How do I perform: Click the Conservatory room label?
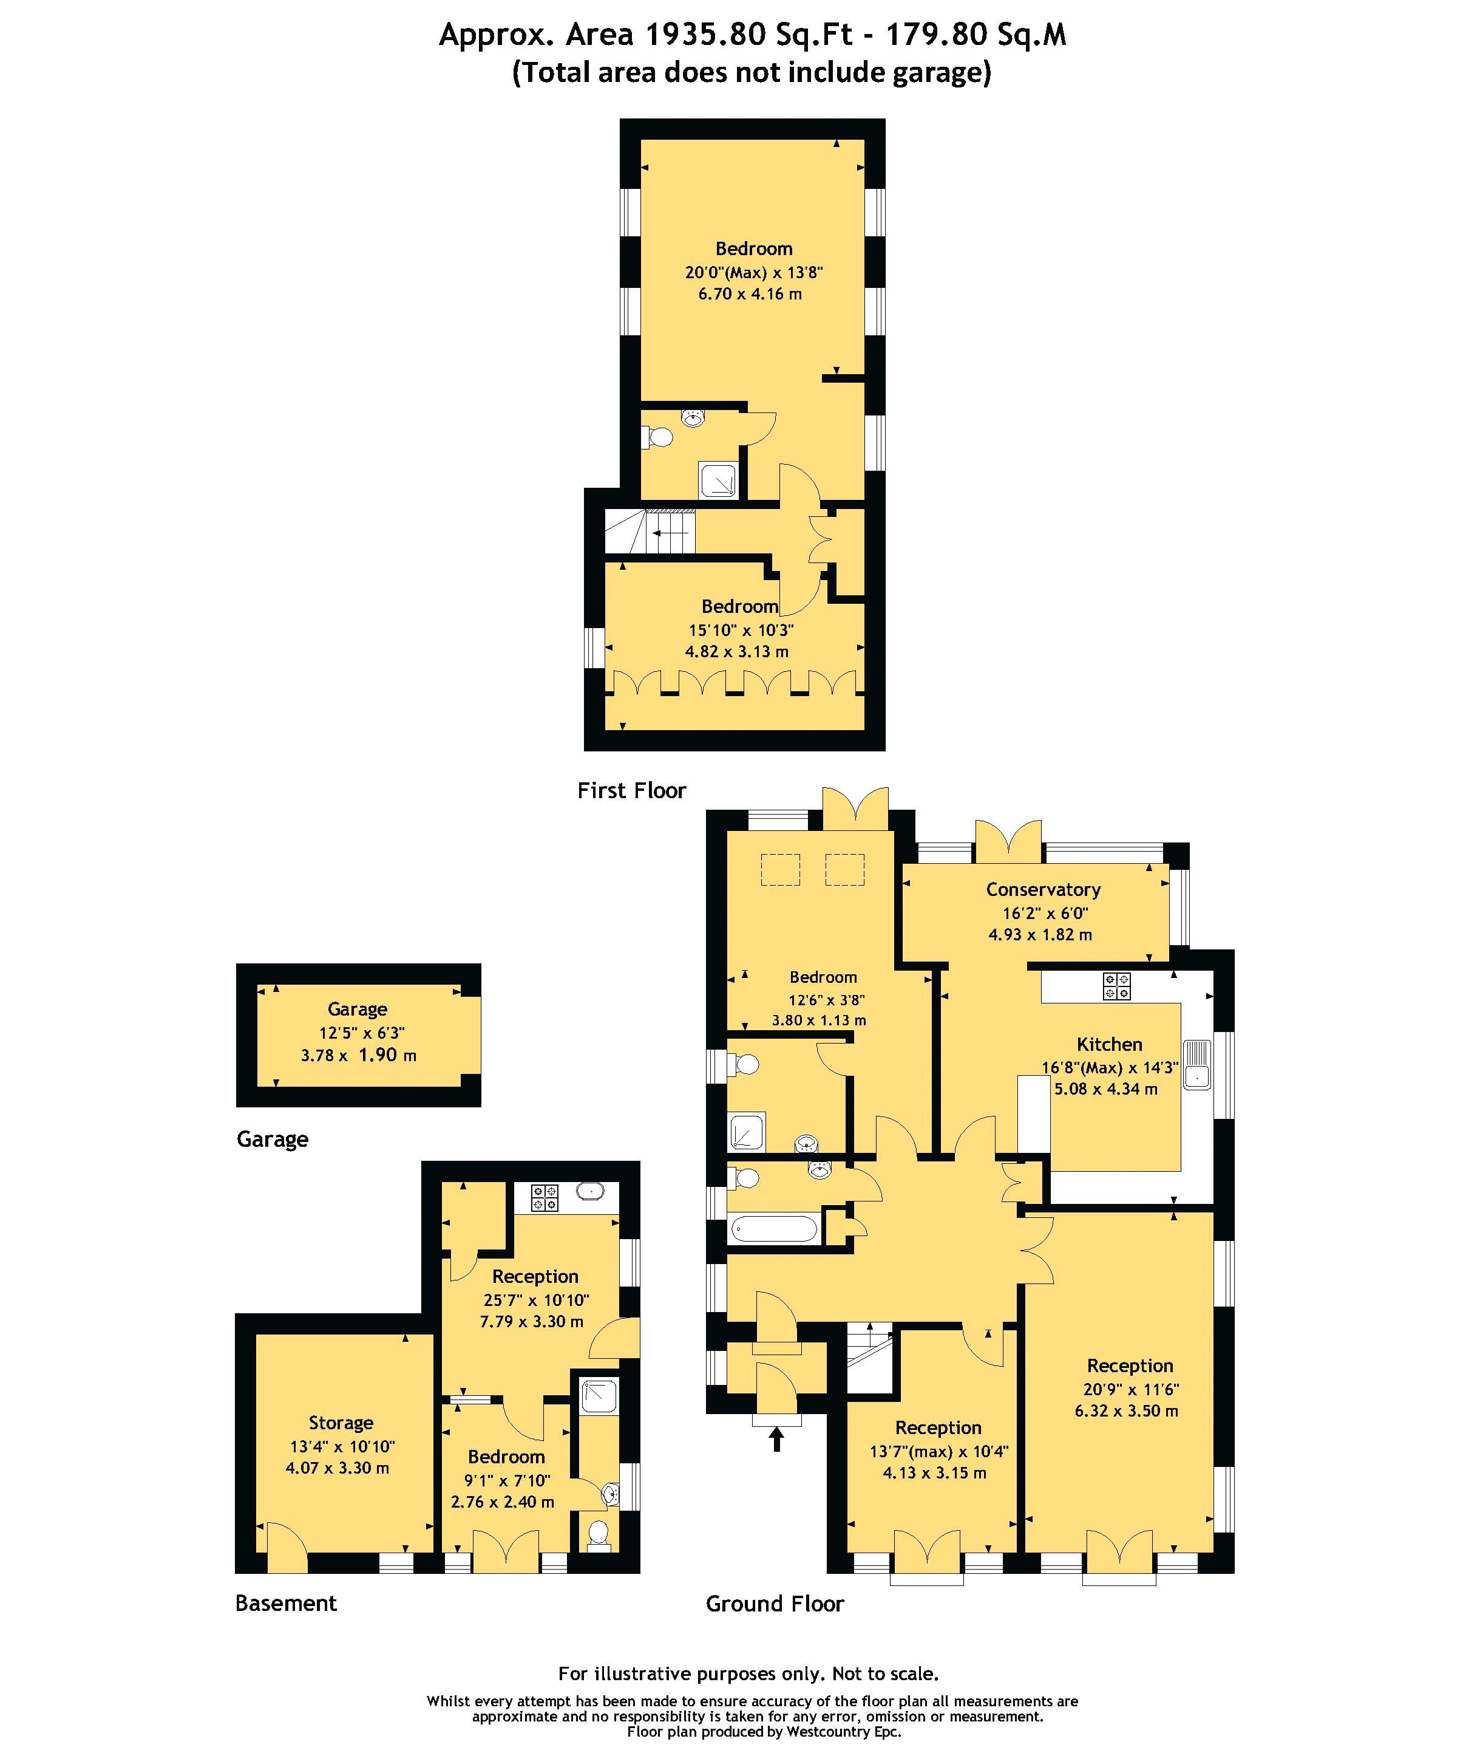1042,889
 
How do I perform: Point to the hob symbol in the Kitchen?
1116,986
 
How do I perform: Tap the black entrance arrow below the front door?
776,1438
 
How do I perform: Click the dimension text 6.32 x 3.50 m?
1125,1411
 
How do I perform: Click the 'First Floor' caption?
631,790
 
